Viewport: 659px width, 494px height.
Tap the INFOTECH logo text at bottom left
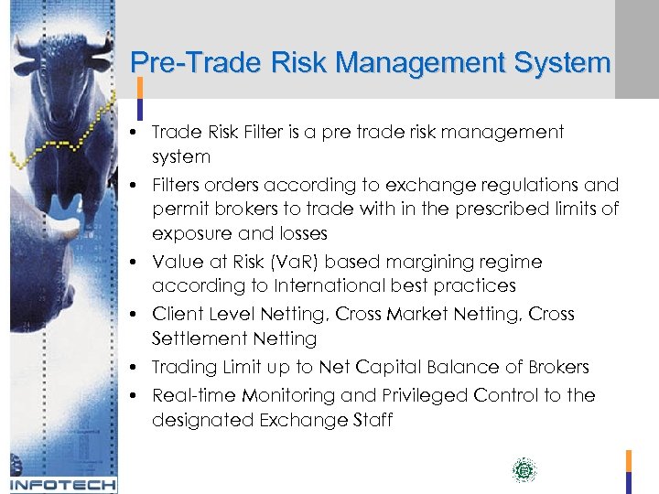click(x=63, y=485)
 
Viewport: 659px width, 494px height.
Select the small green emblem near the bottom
click(x=524, y=471)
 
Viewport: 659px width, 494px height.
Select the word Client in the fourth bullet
click(x=176, y=315)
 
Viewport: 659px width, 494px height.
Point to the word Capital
click(x=389, y=367)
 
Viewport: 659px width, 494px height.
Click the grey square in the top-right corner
click(x=636, y=48)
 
